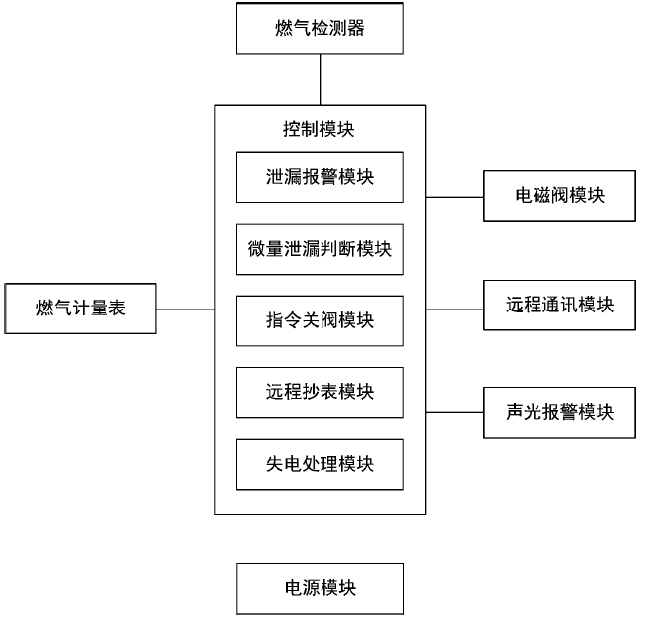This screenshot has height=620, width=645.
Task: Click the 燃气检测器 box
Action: tap(320, 28)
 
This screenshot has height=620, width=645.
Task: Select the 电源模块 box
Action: tap(320, 588)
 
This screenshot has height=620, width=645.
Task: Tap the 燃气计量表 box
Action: tap(81, 310)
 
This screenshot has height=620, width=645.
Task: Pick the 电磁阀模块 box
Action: tap(559, 196)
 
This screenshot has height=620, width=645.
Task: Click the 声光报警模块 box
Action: tap(559, 412)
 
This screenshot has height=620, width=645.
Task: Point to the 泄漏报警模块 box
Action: tap(320, 177)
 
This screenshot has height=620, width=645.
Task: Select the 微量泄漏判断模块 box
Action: tap(320, 249)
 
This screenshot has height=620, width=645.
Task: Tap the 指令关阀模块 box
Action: tap(320, 320)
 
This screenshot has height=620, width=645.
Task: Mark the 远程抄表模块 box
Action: tap(320, 392)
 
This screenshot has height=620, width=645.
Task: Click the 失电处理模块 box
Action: tap(320, 464)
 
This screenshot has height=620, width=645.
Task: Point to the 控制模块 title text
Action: tap(320, 129)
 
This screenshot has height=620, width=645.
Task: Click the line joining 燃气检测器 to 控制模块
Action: tap(320, 80)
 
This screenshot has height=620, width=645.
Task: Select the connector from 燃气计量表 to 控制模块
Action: tap(185, 310)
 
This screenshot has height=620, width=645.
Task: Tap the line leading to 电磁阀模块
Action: tap(454, 197)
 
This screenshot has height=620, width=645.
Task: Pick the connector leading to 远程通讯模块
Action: tap(454, 310)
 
